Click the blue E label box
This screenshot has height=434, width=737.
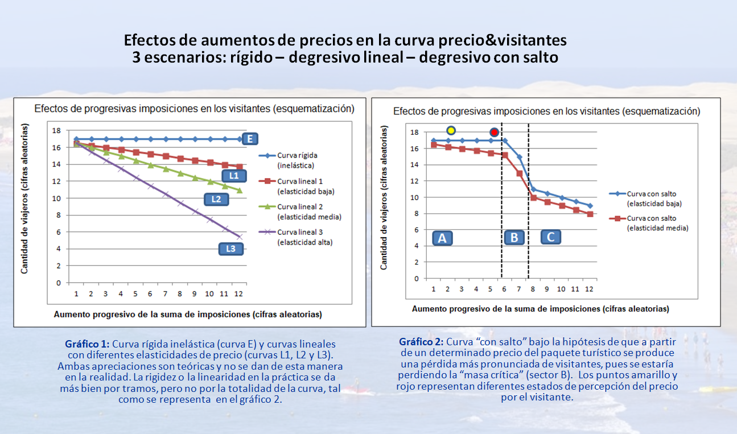tap(250, 139)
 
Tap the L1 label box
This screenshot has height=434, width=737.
tap(233, 176)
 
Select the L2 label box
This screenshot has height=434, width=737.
tap(216, 199)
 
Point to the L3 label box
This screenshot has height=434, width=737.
tap(230, 249)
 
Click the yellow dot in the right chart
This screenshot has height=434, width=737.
tap(451, 130)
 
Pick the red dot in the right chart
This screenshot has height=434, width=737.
tap(494, 132)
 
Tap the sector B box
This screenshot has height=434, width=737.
tap(514, 237)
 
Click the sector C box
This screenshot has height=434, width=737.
tap(550, 237)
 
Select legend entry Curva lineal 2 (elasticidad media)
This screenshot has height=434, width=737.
tap(308, 212)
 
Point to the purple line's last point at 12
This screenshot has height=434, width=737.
tap(240, 236)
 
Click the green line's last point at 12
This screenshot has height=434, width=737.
tap(240, 190)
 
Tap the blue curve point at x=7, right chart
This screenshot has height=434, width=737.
tap(519, 157)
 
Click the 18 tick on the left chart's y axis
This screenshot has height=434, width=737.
tap(56, 131)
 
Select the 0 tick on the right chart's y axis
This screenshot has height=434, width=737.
tap(416, 279)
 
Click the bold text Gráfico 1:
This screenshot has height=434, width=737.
tap(87, 344)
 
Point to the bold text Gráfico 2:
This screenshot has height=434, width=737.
tap(421, 342)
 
